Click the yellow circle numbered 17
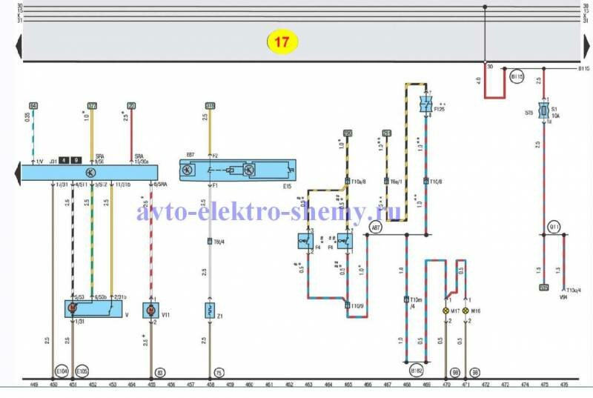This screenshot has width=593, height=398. click(282, 42)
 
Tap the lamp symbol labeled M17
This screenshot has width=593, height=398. click(446, 310)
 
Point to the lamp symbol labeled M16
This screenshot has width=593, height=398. click(466, 310)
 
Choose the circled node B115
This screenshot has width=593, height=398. click(517, 76)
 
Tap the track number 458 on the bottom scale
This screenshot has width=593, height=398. click(211, 385)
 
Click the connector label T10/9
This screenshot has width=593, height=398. click(356, 305)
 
